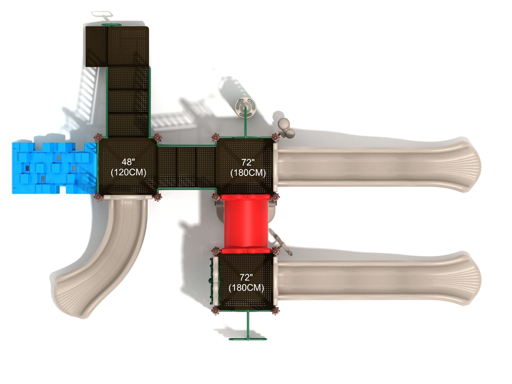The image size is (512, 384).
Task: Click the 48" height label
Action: tap(128, 162)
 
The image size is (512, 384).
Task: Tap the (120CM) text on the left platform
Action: tap(128, 172)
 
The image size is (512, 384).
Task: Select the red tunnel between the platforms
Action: tap(246, 224)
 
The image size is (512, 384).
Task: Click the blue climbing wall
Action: tap(54, 168)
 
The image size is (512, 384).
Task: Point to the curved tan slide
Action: tap(111, 252)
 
